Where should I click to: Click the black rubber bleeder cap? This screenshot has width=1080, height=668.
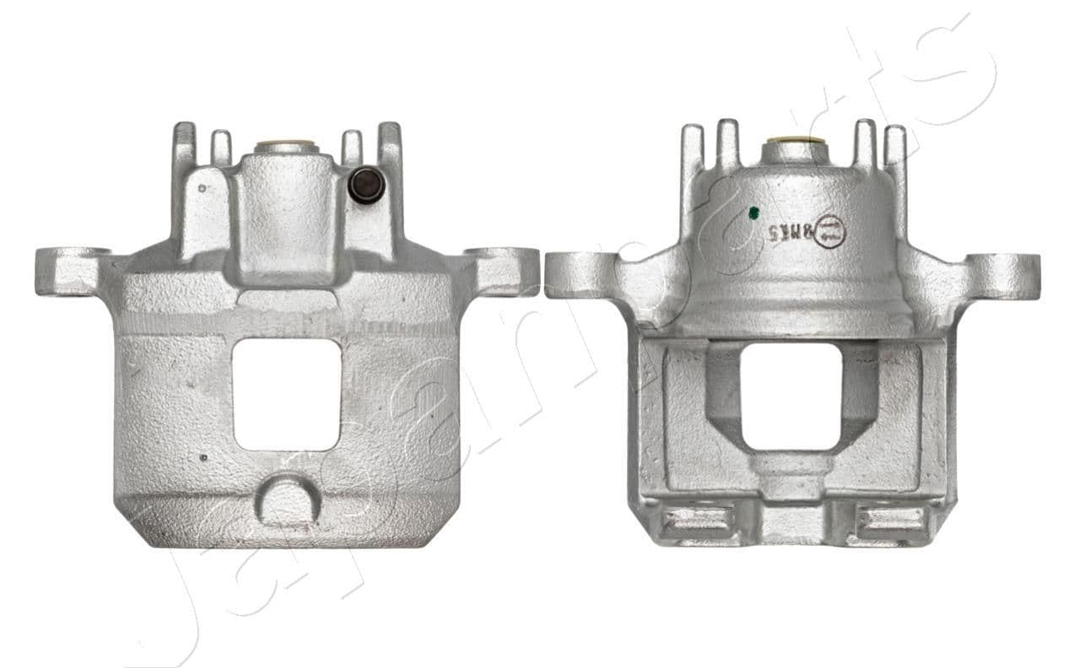tap(364, 184)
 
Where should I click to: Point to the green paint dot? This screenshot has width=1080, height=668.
tap(753, 213)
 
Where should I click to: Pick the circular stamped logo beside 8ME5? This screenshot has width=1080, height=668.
tap(830, 230)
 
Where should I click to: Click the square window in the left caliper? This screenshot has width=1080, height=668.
tap(287, 393)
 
